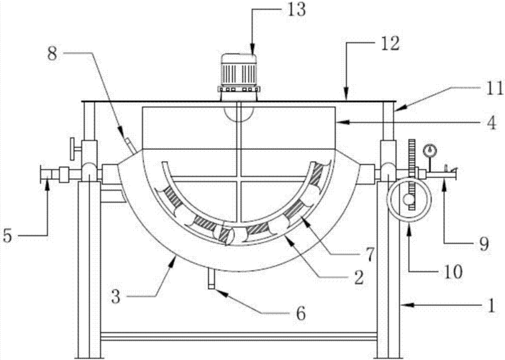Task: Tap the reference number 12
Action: (390, 43)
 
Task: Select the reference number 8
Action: (53, 53)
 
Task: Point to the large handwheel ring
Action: (409, 200)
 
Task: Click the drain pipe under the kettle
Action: (211, 279)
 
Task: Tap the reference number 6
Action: (301, 313)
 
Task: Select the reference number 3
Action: (116, 297)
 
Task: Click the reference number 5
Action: (8, 235)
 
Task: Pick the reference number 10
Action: (452, 271)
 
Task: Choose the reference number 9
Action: (484, 244)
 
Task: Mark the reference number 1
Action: (491, 305)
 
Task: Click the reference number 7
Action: (370, 254)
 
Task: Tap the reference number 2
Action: (359, 277)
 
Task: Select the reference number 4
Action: (491, 122)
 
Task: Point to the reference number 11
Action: (494, 88)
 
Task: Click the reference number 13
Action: (296, 9)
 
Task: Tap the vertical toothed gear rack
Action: (412, 175)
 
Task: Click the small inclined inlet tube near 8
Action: (130, 145)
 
